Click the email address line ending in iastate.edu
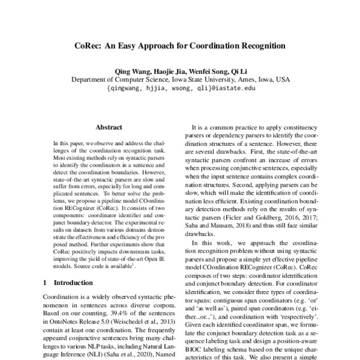pos(180,88)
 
